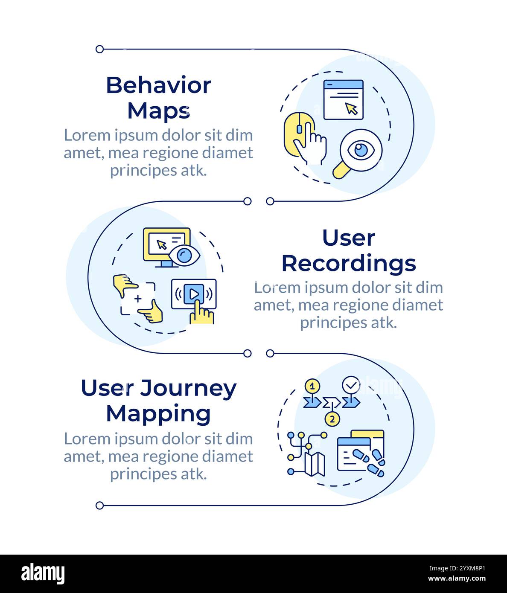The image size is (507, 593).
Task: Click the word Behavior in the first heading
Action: point(158,85)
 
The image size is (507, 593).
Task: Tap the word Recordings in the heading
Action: point(348,263)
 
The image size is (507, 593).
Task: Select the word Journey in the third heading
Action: point(188,388)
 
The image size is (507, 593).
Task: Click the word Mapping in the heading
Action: point(158,413)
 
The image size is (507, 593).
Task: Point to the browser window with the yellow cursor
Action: point(343,99)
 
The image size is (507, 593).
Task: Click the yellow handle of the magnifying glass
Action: point(340,171)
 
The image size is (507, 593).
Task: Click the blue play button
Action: point(193,294)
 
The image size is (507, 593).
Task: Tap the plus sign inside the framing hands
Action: point(138,299)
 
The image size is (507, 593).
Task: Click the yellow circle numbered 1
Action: point(312,387)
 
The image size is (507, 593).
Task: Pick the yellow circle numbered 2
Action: point(332,419)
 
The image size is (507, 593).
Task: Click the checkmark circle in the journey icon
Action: point(351,385)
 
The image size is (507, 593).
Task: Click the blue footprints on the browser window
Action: point(370,461)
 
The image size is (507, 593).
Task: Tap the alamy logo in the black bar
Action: point(43,574)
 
